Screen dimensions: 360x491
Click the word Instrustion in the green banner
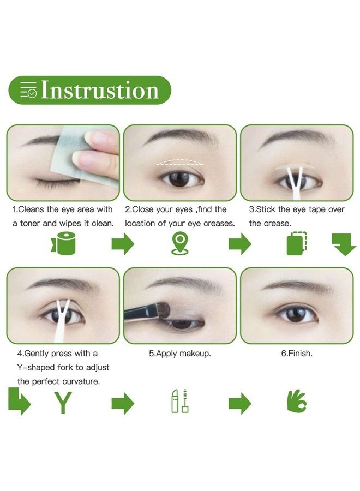(x=100, y=90)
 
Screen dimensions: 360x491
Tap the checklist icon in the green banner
(x=28, y=90)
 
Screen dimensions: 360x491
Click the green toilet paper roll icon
(x=63, y=243)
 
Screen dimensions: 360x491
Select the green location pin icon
(x=179, y=244)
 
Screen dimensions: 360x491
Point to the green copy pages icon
(x=296, y=243)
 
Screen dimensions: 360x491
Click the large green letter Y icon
(x=63, y=403)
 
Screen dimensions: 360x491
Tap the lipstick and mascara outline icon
(x=179, y=401)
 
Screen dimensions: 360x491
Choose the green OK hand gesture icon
(x=296, y=401)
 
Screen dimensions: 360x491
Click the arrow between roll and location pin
(x=123, y=243)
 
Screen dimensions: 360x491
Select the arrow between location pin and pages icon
(x=240, y=243)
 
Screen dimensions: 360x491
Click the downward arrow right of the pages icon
(x=344, y=244)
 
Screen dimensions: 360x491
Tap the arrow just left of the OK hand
(x=240, y=403)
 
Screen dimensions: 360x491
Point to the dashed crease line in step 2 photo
(x=179, y=162)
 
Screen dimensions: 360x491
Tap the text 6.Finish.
(x=296, y=353)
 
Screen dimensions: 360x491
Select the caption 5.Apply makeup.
(x=179, y=354)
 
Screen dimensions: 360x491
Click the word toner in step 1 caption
(x=30, y=224)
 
